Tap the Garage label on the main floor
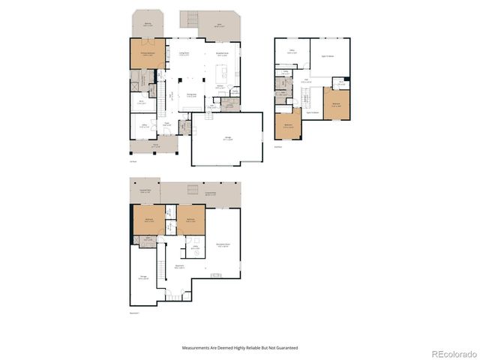pyautogui.click(x=227, y=138)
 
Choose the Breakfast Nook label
pyautogui.click(x=223, y=53)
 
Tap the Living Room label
pyautogui.click(x=184, y=53)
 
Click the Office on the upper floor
pyautogui.click(x=292, y=52)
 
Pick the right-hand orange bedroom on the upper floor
pyautogui.click(x=337, y=105)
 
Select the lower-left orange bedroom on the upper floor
pyautogui.click(x=289, y=125)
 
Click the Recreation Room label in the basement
pyautogui.click(x=222, y=244)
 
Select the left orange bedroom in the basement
pyautogui.click(x=149, y=220)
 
